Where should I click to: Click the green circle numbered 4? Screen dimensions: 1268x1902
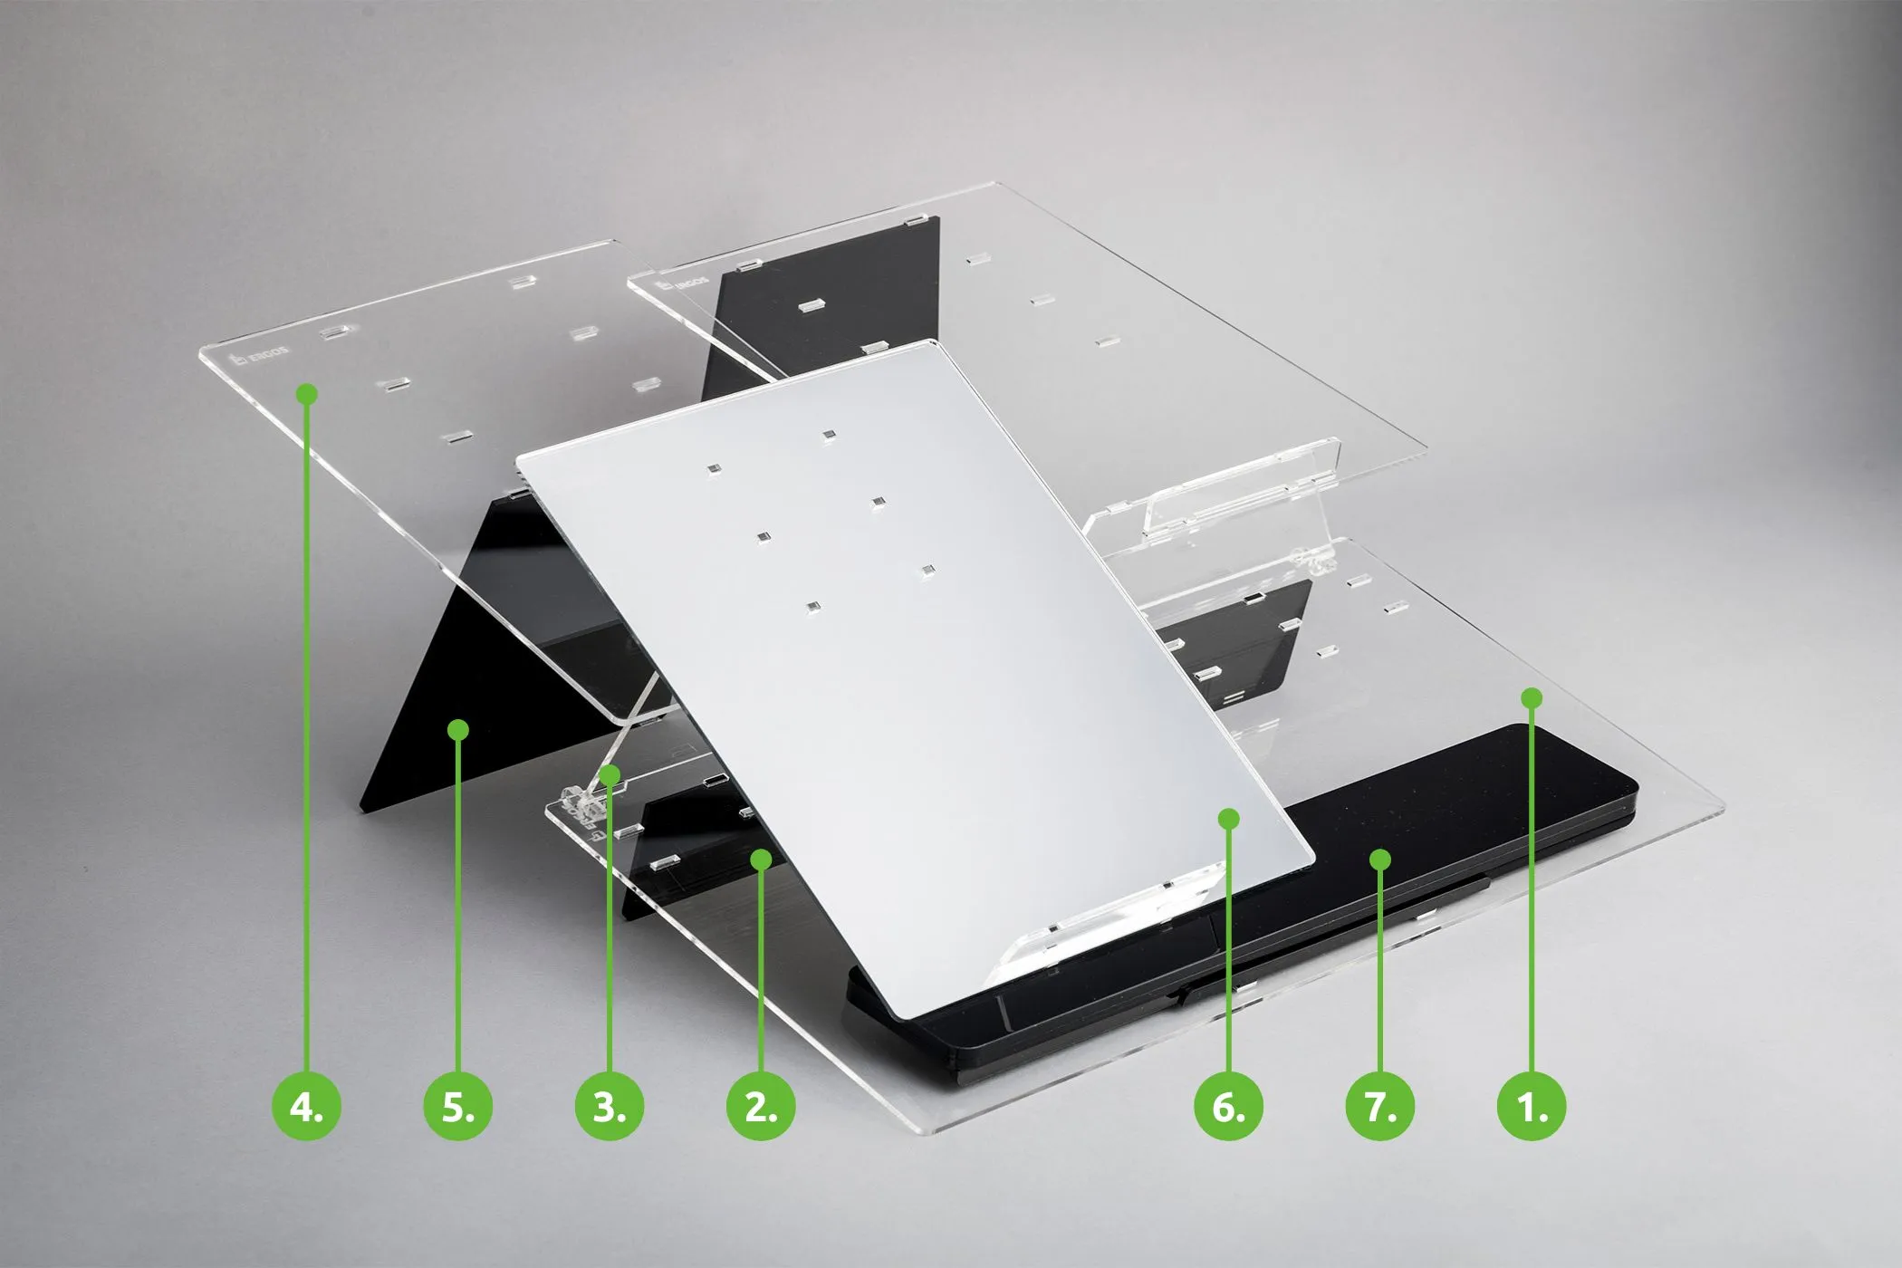coord(307,1107)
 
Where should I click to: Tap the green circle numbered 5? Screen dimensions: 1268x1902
coord(458,1107)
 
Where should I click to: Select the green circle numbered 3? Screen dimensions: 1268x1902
coord(610,1107)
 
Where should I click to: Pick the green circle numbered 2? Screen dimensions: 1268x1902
coord(761,1107)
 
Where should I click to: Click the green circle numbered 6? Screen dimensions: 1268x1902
coord(1228,1107)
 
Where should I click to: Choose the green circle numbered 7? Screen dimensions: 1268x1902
coord(1379,1107)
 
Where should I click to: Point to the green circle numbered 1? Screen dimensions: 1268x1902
coord(1532,1107)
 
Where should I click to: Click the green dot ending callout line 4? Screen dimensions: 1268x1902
coord(307,394)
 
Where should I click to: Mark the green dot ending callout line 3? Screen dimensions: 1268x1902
coord(610,774)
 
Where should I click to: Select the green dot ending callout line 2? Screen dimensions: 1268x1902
coord(762,857)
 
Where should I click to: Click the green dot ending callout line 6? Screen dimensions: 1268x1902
coord(1228,819)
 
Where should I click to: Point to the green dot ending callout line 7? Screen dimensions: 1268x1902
coord(1379,858)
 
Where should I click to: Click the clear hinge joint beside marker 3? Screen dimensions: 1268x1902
coord(576,801)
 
